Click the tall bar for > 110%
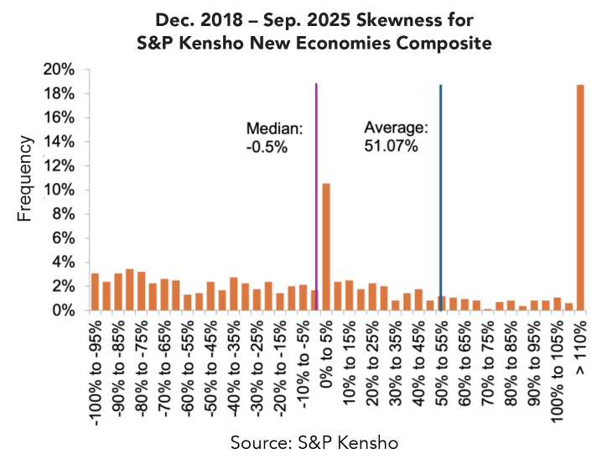pos(580,197)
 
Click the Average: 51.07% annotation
pos(396,138)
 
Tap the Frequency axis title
pos(25,180)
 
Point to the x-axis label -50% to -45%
pos(210,363)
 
